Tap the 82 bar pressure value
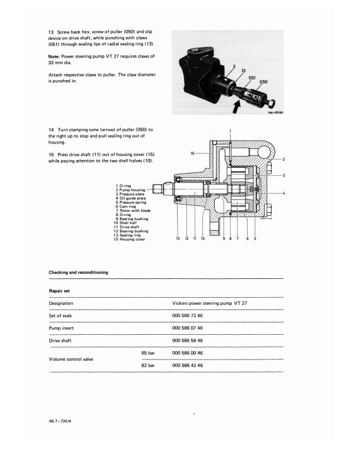point(148,365)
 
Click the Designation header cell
point(61,304)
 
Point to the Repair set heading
point(61,291)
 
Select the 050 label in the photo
point(263,82)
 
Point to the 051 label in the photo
point(252,77)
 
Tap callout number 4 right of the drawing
point(284,194)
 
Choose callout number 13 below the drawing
point(178,239)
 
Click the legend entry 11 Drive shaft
point(128,227)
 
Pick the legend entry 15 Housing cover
point(129,239)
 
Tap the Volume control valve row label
point(73,359)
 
